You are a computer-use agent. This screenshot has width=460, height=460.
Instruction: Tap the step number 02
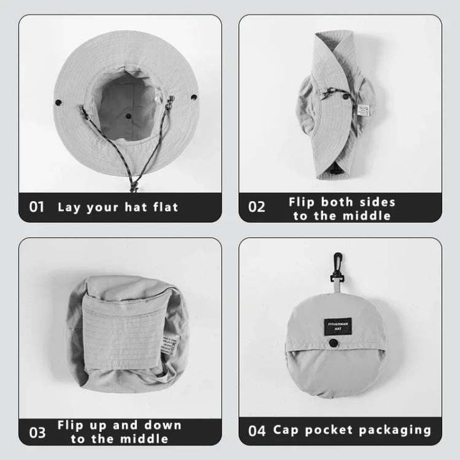coord(256,207)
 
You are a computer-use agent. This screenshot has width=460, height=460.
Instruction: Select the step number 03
coord(38,432)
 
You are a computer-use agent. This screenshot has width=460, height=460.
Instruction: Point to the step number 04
coord(257,431)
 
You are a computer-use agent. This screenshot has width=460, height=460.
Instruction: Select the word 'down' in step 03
coord(165,425)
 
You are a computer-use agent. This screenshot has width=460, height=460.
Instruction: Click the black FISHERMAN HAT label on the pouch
coord(337,326)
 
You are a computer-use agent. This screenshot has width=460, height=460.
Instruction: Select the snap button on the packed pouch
coord(332,344)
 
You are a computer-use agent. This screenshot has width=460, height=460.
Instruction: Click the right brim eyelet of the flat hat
coord(194,98)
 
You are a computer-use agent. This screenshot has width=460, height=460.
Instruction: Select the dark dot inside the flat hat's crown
coord(128,117)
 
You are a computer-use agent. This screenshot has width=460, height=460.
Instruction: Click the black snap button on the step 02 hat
coord(346,97)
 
